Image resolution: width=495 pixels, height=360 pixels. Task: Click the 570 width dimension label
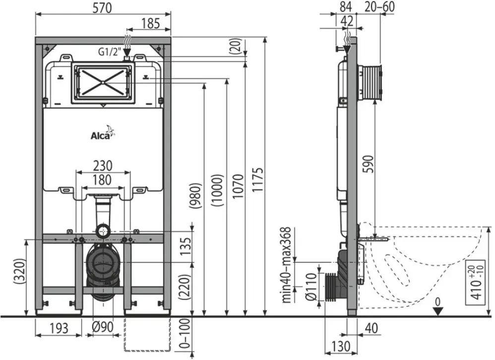(102, 8)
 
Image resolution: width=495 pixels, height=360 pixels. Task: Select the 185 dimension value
(150, 23)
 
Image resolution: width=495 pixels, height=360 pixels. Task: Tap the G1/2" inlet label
(109, 52)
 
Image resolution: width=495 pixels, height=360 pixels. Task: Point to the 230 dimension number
(103, 166)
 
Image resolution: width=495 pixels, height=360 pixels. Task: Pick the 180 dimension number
(102, 180)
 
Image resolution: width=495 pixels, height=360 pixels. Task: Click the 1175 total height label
(257, 180)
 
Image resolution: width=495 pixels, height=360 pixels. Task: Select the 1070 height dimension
(239, 186)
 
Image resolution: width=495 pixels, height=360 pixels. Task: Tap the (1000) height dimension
(218, 190)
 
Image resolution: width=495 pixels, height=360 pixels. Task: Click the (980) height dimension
(195, 195)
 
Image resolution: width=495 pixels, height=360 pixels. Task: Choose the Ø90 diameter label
(103, 327)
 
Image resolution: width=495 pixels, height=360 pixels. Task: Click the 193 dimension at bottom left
(59, 328)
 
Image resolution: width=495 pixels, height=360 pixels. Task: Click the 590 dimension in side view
(368, 164)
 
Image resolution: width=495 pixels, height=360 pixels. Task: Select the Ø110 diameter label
(311, 287)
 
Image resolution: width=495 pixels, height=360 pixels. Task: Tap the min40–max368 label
(286, 265)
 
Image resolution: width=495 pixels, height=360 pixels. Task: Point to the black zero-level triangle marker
(438, 311)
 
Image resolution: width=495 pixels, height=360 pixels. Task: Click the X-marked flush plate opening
(103, 83)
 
